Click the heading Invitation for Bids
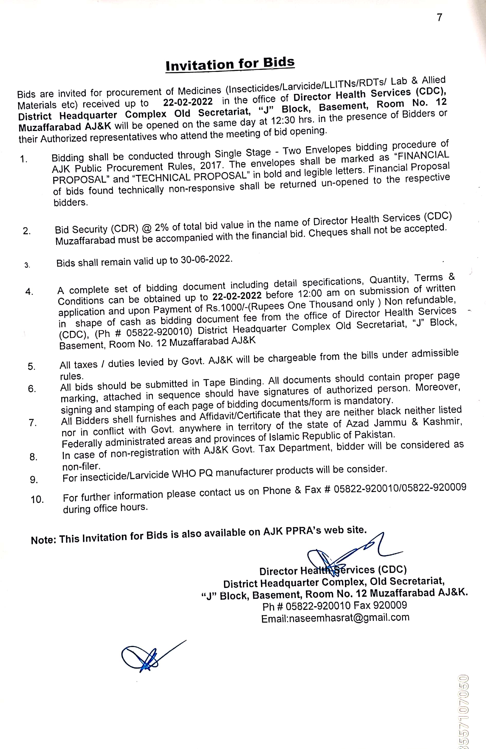[x=230, y=64]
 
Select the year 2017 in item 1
[x=212, y=165]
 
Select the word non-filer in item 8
[x=81, y=466]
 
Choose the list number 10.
[x=37, y=499]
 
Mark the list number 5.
[x=32, y=366]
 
